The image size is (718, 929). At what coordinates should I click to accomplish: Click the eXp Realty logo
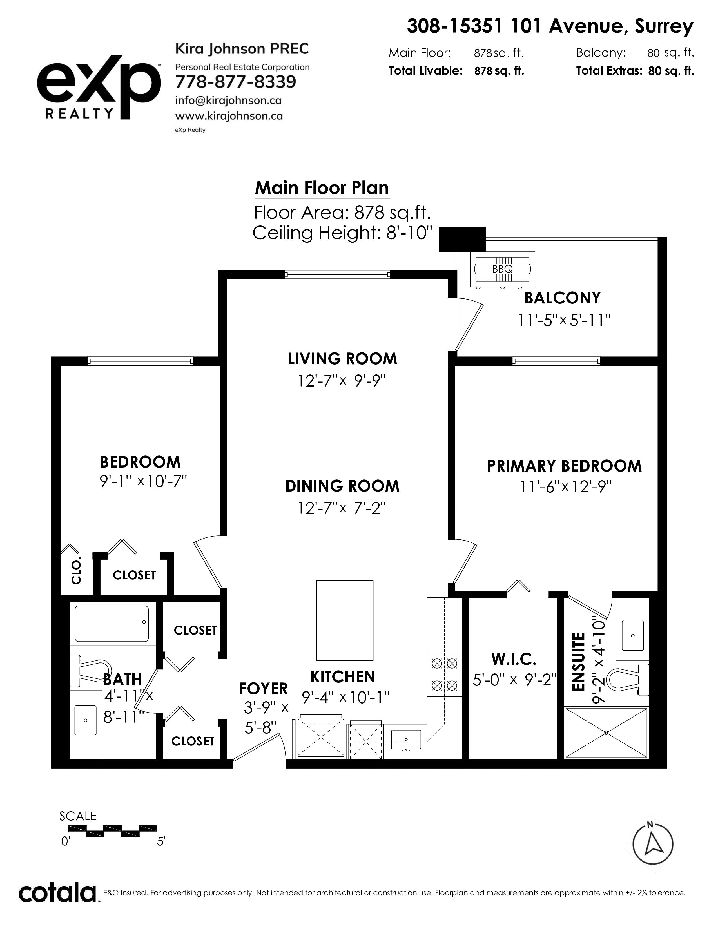tap(99, 88)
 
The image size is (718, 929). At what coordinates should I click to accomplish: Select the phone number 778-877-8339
tap(236, 82)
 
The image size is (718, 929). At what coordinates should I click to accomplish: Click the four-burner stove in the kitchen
tap(444, 674)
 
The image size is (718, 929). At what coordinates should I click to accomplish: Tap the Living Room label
tap(342, 359)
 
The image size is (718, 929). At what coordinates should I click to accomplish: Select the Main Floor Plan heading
tap(322, 188)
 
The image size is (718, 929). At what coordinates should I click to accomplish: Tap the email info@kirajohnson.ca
tap(228, 101)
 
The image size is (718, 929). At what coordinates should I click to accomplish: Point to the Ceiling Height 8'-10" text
tap(342, 233)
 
